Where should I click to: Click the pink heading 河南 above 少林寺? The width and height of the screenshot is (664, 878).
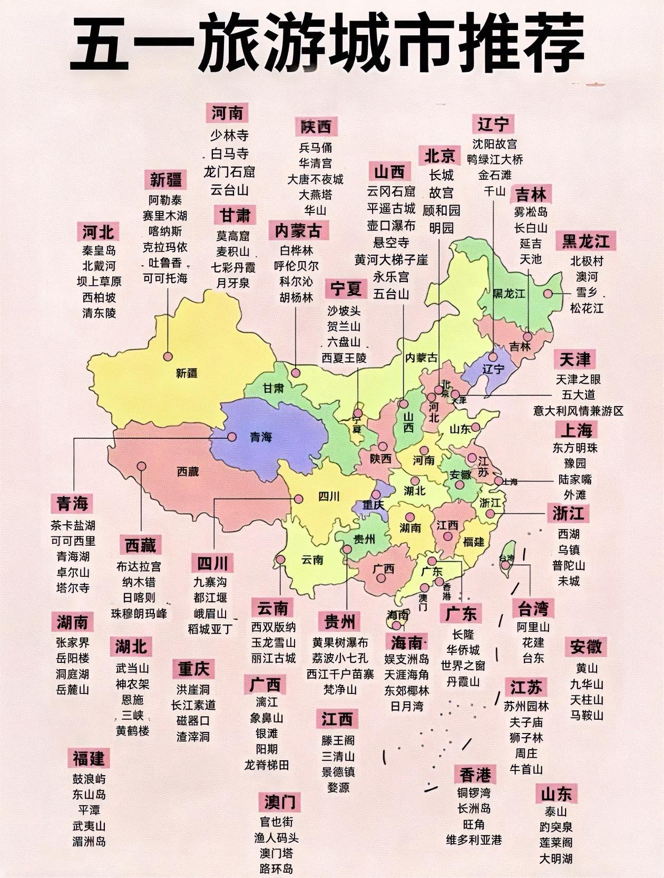pos(228,113)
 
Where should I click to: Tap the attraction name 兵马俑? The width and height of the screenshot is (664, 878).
pos(316,148)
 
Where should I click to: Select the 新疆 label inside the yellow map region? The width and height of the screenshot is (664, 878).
pos(187,373)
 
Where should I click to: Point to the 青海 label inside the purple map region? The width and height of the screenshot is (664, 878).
pos(260,437)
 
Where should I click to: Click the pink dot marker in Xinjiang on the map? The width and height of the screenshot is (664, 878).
pos(168,356)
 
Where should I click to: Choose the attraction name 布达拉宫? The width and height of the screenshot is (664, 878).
pos(139,566)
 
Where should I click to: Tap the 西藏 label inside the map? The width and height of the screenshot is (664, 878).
pos(188,471)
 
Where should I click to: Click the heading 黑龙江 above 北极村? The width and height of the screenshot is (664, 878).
pos(585,242)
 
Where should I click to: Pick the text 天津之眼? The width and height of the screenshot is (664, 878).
pos(578,379)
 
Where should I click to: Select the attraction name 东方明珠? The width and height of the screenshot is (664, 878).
pos(575,448)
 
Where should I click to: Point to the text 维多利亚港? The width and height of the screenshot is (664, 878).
pos(474,840)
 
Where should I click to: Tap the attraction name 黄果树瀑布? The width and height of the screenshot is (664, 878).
pos(340,642)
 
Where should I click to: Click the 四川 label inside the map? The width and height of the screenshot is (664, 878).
pos(329,496)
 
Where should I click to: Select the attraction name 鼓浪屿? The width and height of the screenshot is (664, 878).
pos(89,779)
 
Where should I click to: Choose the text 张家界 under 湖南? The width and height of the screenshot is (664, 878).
pos(73,642)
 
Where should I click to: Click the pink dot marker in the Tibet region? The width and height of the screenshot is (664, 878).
pos(141,466)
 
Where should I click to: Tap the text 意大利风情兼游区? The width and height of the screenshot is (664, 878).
pos(578,410)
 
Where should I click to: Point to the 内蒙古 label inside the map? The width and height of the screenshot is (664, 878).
pos(422,358)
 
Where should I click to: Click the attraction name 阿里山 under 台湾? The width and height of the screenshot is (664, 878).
pos(533,627)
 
